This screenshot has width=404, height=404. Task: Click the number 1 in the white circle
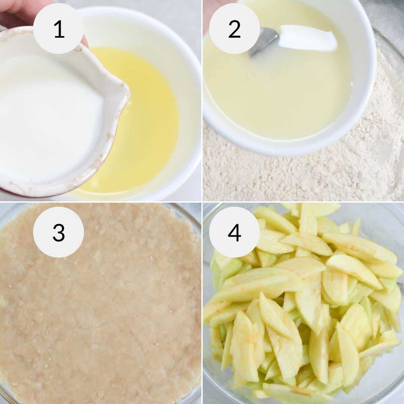click(x=59, y=29)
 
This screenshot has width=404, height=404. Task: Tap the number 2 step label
click(x=234, y=29)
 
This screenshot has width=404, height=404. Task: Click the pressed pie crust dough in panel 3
click(x=101, y=303)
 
